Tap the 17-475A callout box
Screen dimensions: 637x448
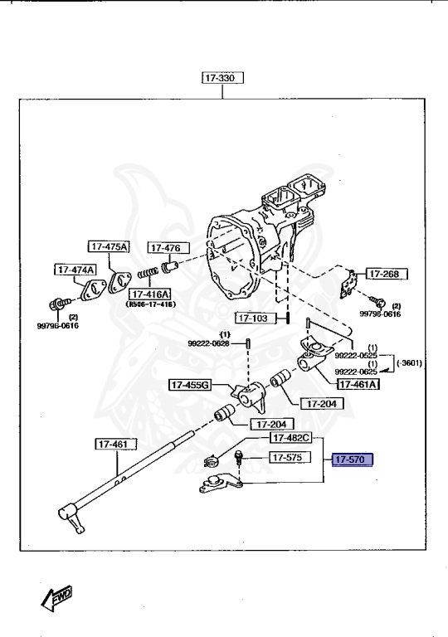click(110, 246)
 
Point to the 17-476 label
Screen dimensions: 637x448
click(168, 248)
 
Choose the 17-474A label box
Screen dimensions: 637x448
click(75, 270)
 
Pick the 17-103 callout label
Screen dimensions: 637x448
click(256, 318)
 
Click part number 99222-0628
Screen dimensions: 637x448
click(208, 343)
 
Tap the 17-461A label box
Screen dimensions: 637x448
click(358, 384)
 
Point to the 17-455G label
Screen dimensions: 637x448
click(191, 385)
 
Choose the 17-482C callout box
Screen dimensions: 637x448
click(290, 437)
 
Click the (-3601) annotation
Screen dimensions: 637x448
click(410, 363)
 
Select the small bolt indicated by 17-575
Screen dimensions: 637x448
click(239, 456)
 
